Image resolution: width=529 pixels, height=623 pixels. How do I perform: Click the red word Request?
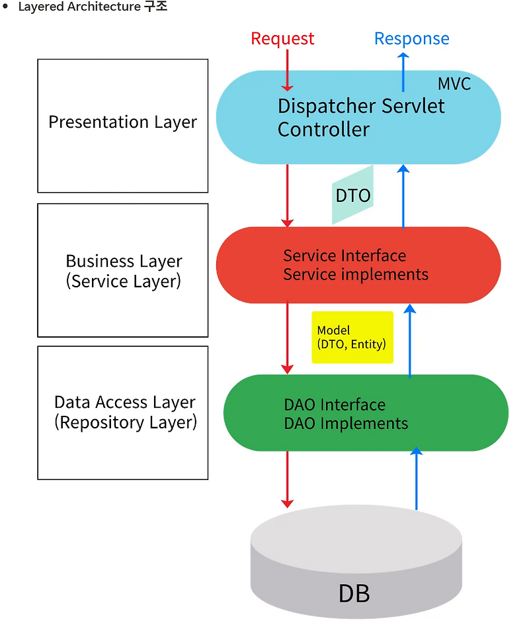(x=282, y=39)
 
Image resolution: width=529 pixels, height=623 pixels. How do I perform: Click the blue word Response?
(x=411, y=39)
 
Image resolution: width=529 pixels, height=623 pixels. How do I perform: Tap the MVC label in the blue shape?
(x=454, y=84)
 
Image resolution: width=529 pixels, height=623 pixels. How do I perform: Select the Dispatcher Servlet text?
(x=361, y=106)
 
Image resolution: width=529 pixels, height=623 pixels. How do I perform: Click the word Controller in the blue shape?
(x=323, y=129)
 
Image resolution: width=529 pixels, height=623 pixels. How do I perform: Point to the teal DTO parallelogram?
(x=352, y=195)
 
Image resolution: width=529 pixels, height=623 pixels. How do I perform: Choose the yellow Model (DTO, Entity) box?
(x=352, y=337)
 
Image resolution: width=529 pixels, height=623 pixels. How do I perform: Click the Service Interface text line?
(x=345, y=256)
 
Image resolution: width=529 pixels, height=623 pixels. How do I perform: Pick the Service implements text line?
(x=356, y=274)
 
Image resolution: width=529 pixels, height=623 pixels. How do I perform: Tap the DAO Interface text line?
(x=335, y=405)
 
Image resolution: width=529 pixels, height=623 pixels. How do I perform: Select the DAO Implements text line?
(x=346, y=423)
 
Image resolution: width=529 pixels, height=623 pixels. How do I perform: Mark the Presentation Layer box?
(x=123, y=126)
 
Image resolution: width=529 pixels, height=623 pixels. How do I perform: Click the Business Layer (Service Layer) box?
(x=123, y=270)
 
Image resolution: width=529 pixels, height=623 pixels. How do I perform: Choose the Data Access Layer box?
(x=123, y=412)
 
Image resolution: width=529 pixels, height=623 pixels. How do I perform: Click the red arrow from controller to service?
(x=287, y=195)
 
